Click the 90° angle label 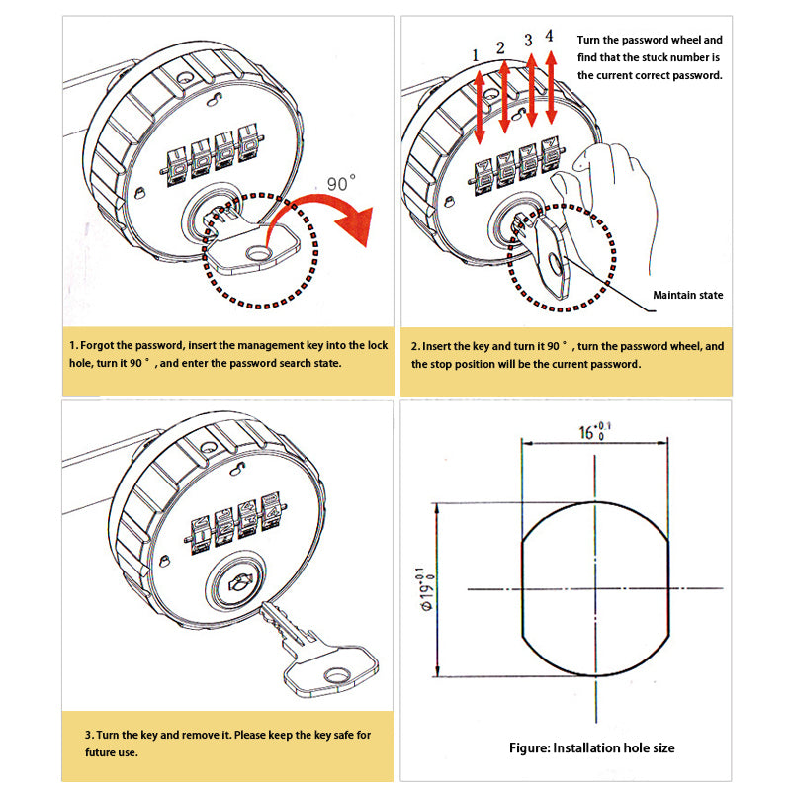click(341, 183)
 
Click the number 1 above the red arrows click(476, 54)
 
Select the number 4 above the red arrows click(550, 39)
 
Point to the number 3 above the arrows click(528, 41)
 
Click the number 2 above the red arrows click(500, 47)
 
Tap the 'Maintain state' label click(687, 295)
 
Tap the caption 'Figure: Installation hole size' click(591, 747)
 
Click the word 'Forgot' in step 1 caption click(104, 347)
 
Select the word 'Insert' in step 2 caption click(441, 347)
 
